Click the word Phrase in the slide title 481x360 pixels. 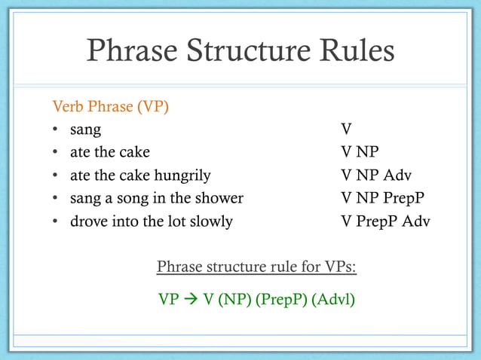coord(133,52)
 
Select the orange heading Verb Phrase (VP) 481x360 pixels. coord(110,106)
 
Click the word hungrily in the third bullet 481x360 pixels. coord(182,175)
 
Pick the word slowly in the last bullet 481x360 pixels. coord(210,222)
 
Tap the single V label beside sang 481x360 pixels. coord(346,130)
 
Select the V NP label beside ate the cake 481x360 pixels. coord(360,153)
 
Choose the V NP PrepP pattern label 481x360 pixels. coord(382,199)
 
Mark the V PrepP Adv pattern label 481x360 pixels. coord(385,222)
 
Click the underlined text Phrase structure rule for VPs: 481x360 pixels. coord(256,267)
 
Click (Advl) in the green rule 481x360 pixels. coord(333,299)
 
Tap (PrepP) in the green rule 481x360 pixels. coord(281,299)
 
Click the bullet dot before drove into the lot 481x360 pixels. coord(56,222)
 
